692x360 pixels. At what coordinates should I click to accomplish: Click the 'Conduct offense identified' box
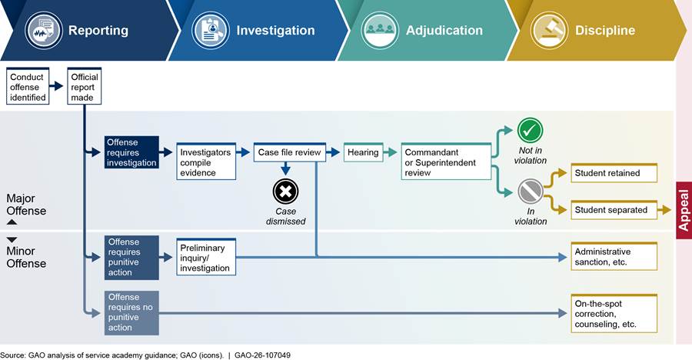tap(28, 85)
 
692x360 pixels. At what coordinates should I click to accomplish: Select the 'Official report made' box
tap(84, 85)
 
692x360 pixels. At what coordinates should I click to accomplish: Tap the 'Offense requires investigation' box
tap(131, 152)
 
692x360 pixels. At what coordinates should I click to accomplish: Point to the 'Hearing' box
tap(363, 152)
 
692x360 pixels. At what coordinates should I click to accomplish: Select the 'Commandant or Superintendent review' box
tap(445, 162)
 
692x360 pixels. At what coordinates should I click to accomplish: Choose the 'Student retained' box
tap(614, 173)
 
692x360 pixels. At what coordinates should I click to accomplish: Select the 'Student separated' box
tap(614, 209)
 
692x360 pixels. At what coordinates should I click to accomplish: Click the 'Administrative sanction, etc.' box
tap(614, 257)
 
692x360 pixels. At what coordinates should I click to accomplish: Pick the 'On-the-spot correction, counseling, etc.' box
tap(614, 313)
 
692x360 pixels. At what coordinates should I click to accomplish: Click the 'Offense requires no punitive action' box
tap(131, 313)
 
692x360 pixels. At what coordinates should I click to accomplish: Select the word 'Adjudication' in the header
tap(444, 31)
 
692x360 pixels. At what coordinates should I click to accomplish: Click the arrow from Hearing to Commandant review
tap(391, 152)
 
